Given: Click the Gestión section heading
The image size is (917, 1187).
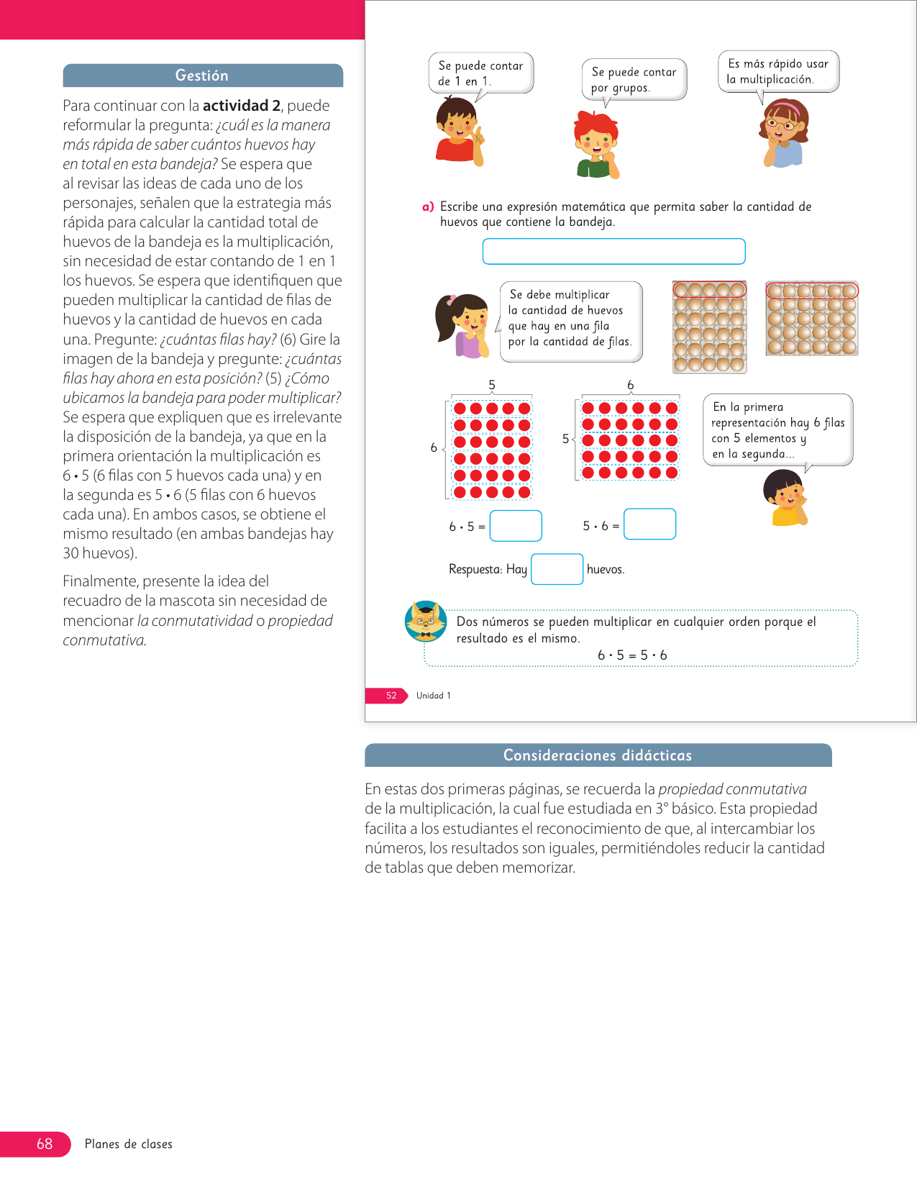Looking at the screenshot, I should coord(202,76).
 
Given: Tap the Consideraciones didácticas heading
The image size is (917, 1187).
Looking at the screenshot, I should coord(597,755).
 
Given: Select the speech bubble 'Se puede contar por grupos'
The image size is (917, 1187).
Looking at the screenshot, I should coord(634,79).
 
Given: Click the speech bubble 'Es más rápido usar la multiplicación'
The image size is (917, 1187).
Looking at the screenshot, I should coord(777,71).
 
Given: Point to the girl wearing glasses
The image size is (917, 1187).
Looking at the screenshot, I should coord(784,133).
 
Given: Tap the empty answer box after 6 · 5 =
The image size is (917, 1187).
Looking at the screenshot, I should coord(516,526).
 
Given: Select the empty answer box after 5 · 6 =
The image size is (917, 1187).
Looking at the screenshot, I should coord(649,524).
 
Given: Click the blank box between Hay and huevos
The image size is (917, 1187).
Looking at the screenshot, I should coord(557,569).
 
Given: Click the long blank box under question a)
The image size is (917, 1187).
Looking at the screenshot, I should coord(613,252).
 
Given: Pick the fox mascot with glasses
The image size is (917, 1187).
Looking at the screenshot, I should coord(426,621).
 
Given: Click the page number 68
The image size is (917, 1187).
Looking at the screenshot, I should coord(45,1144).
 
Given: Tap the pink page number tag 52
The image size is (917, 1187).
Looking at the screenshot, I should coord(391,696).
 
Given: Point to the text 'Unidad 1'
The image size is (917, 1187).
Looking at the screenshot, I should coord(434,696).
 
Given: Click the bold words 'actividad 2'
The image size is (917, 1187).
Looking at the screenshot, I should coord(241,106).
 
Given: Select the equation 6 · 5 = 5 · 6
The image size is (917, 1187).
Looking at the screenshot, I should coord(632,655).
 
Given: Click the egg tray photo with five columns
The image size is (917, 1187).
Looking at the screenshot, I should coord(710,327).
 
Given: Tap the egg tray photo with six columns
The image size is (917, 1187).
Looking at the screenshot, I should coord(812,319).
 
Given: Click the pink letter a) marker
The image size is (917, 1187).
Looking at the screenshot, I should coord(428,207).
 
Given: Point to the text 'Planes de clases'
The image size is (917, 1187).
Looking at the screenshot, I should coord(129,1144).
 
